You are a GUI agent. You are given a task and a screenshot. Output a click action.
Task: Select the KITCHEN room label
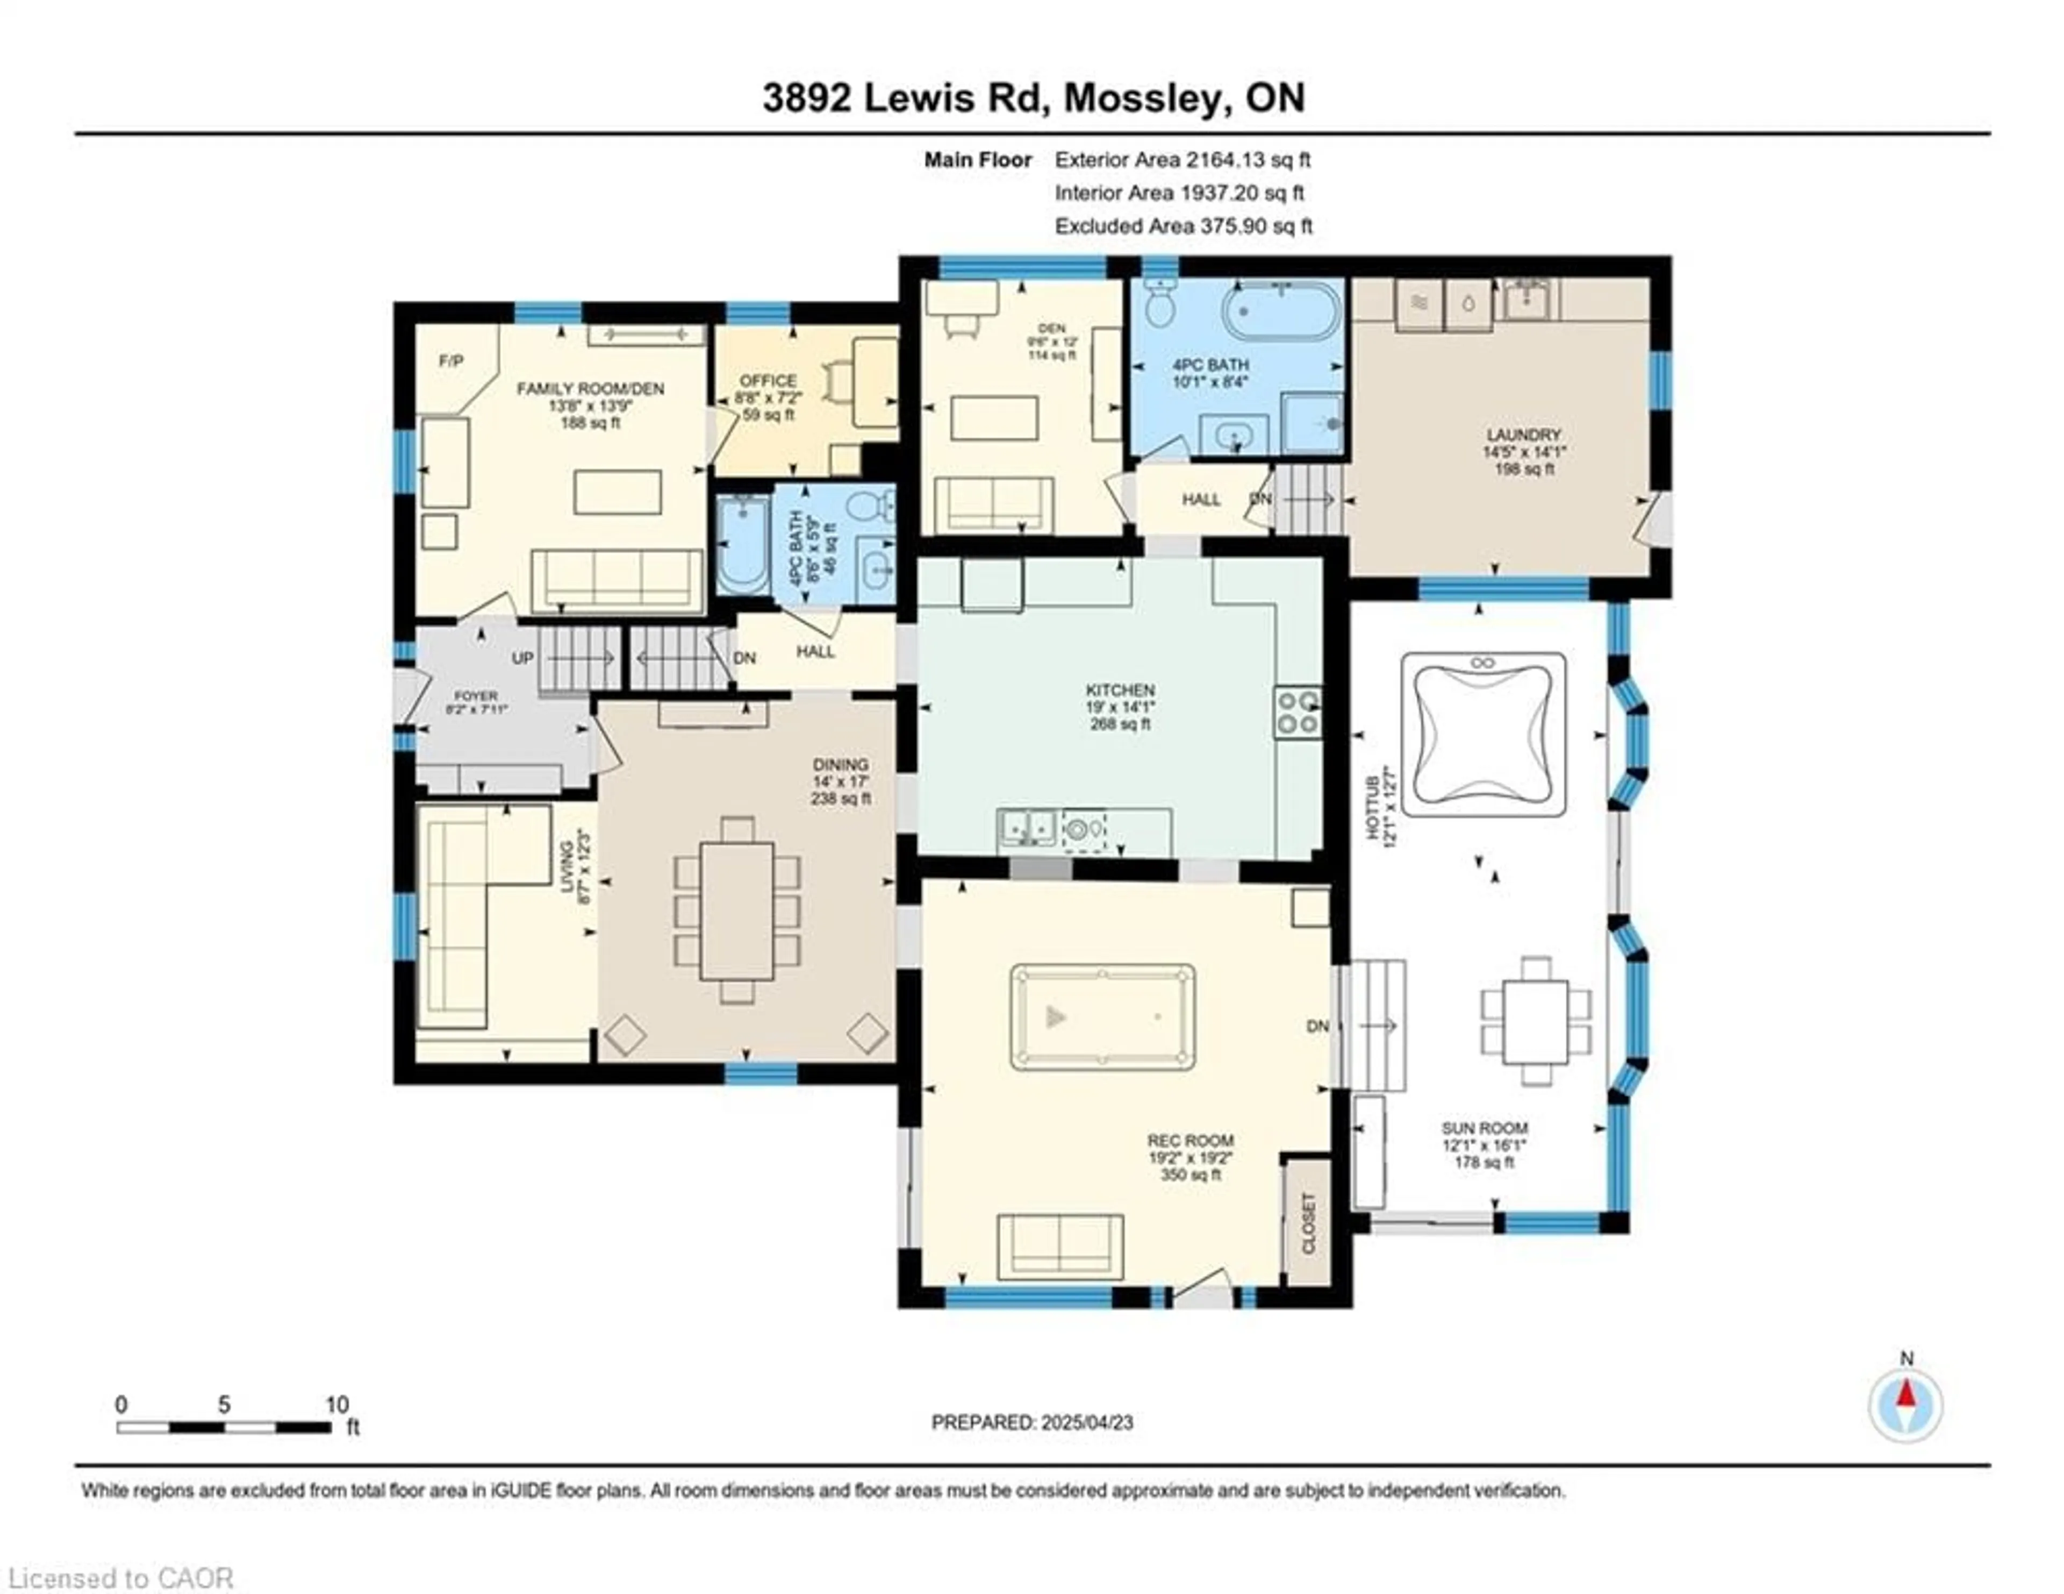tap(1120, 690)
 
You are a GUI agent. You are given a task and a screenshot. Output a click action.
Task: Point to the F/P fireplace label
tap(451, 361)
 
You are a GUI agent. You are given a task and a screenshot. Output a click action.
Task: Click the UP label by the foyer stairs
tap(522, 658)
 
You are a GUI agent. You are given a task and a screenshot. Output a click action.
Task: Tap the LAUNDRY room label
tap(1523, 435)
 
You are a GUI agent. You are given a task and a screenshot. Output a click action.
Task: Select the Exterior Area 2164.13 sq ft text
tap(1182, 160)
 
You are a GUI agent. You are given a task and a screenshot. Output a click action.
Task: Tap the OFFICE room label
tap(768, 381)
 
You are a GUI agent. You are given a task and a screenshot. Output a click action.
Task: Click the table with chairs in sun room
tap(1536, 1022)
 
